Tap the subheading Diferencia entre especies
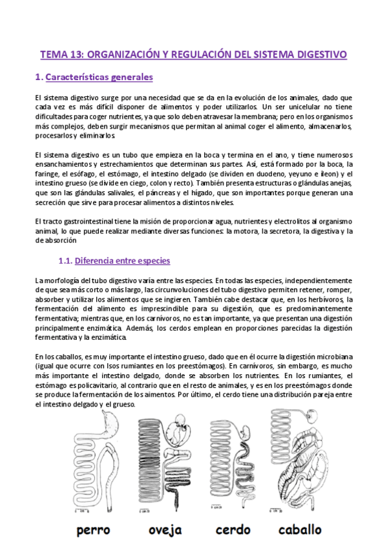point(122,261)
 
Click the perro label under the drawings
point(93,530)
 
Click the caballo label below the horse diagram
point(300,530)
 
